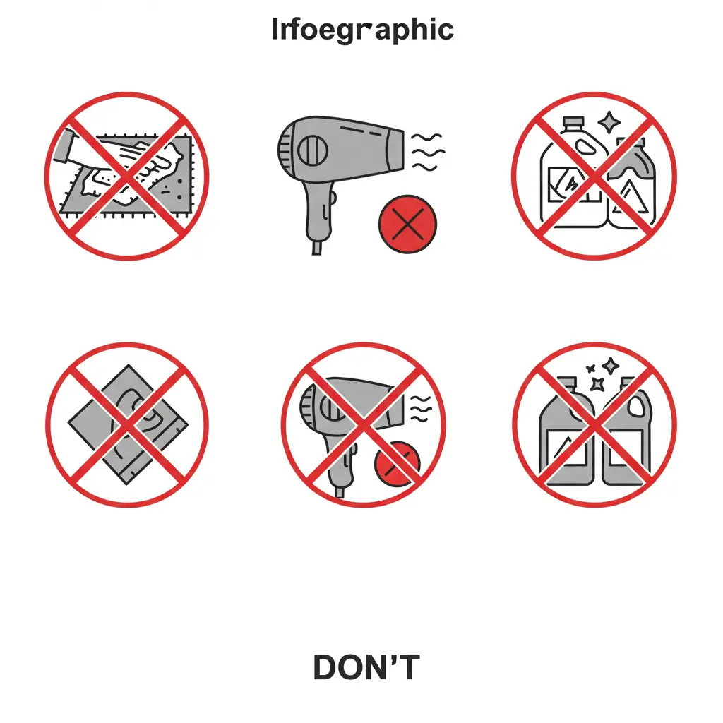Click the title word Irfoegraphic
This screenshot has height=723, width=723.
(x=362, y=30)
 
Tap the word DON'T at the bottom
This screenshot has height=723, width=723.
(x=366, y=667)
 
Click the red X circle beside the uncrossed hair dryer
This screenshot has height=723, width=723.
(x=407, y=224)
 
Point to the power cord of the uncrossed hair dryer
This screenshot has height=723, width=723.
(x=317, y=247)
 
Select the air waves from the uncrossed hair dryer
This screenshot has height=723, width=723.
(x=427, y=153)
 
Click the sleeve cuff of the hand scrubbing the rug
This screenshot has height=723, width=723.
(x=64, y=147)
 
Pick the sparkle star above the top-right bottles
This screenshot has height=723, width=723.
(x=609, y=122)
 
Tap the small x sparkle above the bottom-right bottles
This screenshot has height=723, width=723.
(x=591, y=369)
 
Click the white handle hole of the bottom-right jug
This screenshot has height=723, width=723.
(x=637, y=406)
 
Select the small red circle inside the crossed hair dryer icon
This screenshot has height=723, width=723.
(x=398, y=463)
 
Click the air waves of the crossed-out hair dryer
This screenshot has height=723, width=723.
(x=421, y=409)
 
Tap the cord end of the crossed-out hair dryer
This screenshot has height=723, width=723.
(x=340, y=492)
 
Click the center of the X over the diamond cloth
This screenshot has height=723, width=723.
(x=127, y=424)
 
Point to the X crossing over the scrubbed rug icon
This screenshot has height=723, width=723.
(x=127, y=176)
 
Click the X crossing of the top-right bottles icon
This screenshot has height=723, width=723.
(x=594, y=176)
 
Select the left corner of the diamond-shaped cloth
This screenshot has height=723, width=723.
(x=68, y=422)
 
